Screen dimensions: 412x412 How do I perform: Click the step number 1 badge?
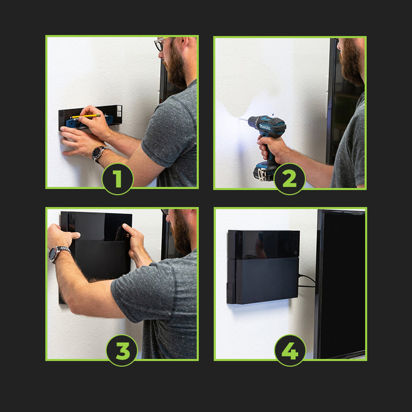117,179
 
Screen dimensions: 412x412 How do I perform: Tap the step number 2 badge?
290,179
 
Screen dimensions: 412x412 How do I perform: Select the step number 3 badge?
122,350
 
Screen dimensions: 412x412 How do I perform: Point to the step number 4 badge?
290,350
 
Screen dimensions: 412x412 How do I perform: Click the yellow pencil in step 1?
85,116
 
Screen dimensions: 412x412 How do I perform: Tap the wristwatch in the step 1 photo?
99,153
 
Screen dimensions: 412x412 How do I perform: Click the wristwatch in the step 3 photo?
58,253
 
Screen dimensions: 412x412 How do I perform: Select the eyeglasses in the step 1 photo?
160,43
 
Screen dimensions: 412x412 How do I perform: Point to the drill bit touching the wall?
243,120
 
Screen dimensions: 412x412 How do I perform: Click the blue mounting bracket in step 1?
90,121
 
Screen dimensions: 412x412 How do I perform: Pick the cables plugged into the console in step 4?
307,281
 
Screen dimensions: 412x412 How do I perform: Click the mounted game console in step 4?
263,267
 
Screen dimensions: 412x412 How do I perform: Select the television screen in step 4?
341,284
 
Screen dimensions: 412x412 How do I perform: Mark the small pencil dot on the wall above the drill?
273,115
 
